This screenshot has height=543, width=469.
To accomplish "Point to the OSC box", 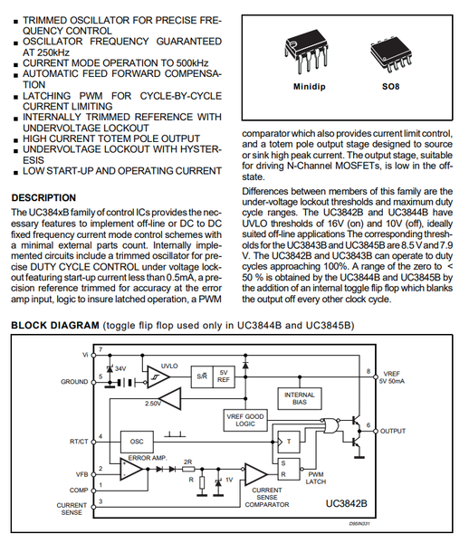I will pos(138,442).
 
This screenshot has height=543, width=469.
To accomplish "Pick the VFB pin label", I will pos(80,473).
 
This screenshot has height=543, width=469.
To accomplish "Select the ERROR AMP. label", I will pos(148,457).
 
